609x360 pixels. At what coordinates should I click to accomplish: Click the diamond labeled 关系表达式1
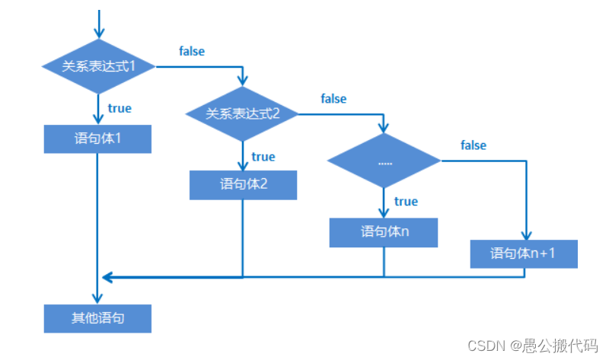(x=98, y=66)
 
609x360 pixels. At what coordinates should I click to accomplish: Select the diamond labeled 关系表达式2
(x=243, y=114)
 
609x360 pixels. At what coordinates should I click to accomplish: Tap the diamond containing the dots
(x=384, y=161)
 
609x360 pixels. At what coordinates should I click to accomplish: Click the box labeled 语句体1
(x=98, y=139)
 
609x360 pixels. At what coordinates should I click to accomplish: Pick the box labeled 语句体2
(x=243, y=184)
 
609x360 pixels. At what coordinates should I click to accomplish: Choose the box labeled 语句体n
(x=384, y=232)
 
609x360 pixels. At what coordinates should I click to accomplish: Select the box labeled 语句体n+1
(x=524, y=253)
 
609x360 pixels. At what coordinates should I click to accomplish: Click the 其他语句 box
(x=98, y=318)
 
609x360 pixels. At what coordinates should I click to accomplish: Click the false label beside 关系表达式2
(x=333, y=99)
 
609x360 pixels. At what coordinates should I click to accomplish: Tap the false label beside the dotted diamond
(x=473, y=145)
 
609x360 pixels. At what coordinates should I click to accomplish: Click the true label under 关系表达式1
(x=120, y=108)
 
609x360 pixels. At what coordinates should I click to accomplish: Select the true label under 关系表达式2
(x=263, y=157)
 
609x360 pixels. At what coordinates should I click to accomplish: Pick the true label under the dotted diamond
(x=406, y=202)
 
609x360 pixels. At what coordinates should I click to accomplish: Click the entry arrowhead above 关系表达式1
(x=98, y=33)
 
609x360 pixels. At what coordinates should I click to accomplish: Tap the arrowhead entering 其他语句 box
(x=98, y=298)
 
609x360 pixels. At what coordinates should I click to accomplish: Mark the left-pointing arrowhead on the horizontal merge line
(x=107, y=276)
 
